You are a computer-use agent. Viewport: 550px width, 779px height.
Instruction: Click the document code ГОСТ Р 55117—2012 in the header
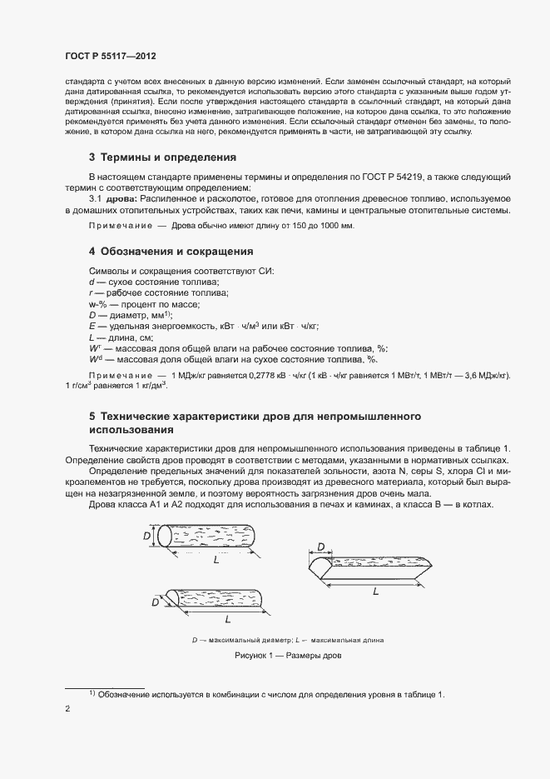point(110,56)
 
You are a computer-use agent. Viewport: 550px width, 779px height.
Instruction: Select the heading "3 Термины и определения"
point(162,157)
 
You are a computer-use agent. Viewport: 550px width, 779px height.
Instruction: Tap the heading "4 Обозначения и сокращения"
point(171,251)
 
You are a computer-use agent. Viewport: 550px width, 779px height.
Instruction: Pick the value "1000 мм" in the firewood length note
point(338,226)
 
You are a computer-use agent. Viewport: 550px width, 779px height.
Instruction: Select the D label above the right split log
point(322,547)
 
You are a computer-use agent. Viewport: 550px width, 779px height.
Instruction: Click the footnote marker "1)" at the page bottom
point(93,693)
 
